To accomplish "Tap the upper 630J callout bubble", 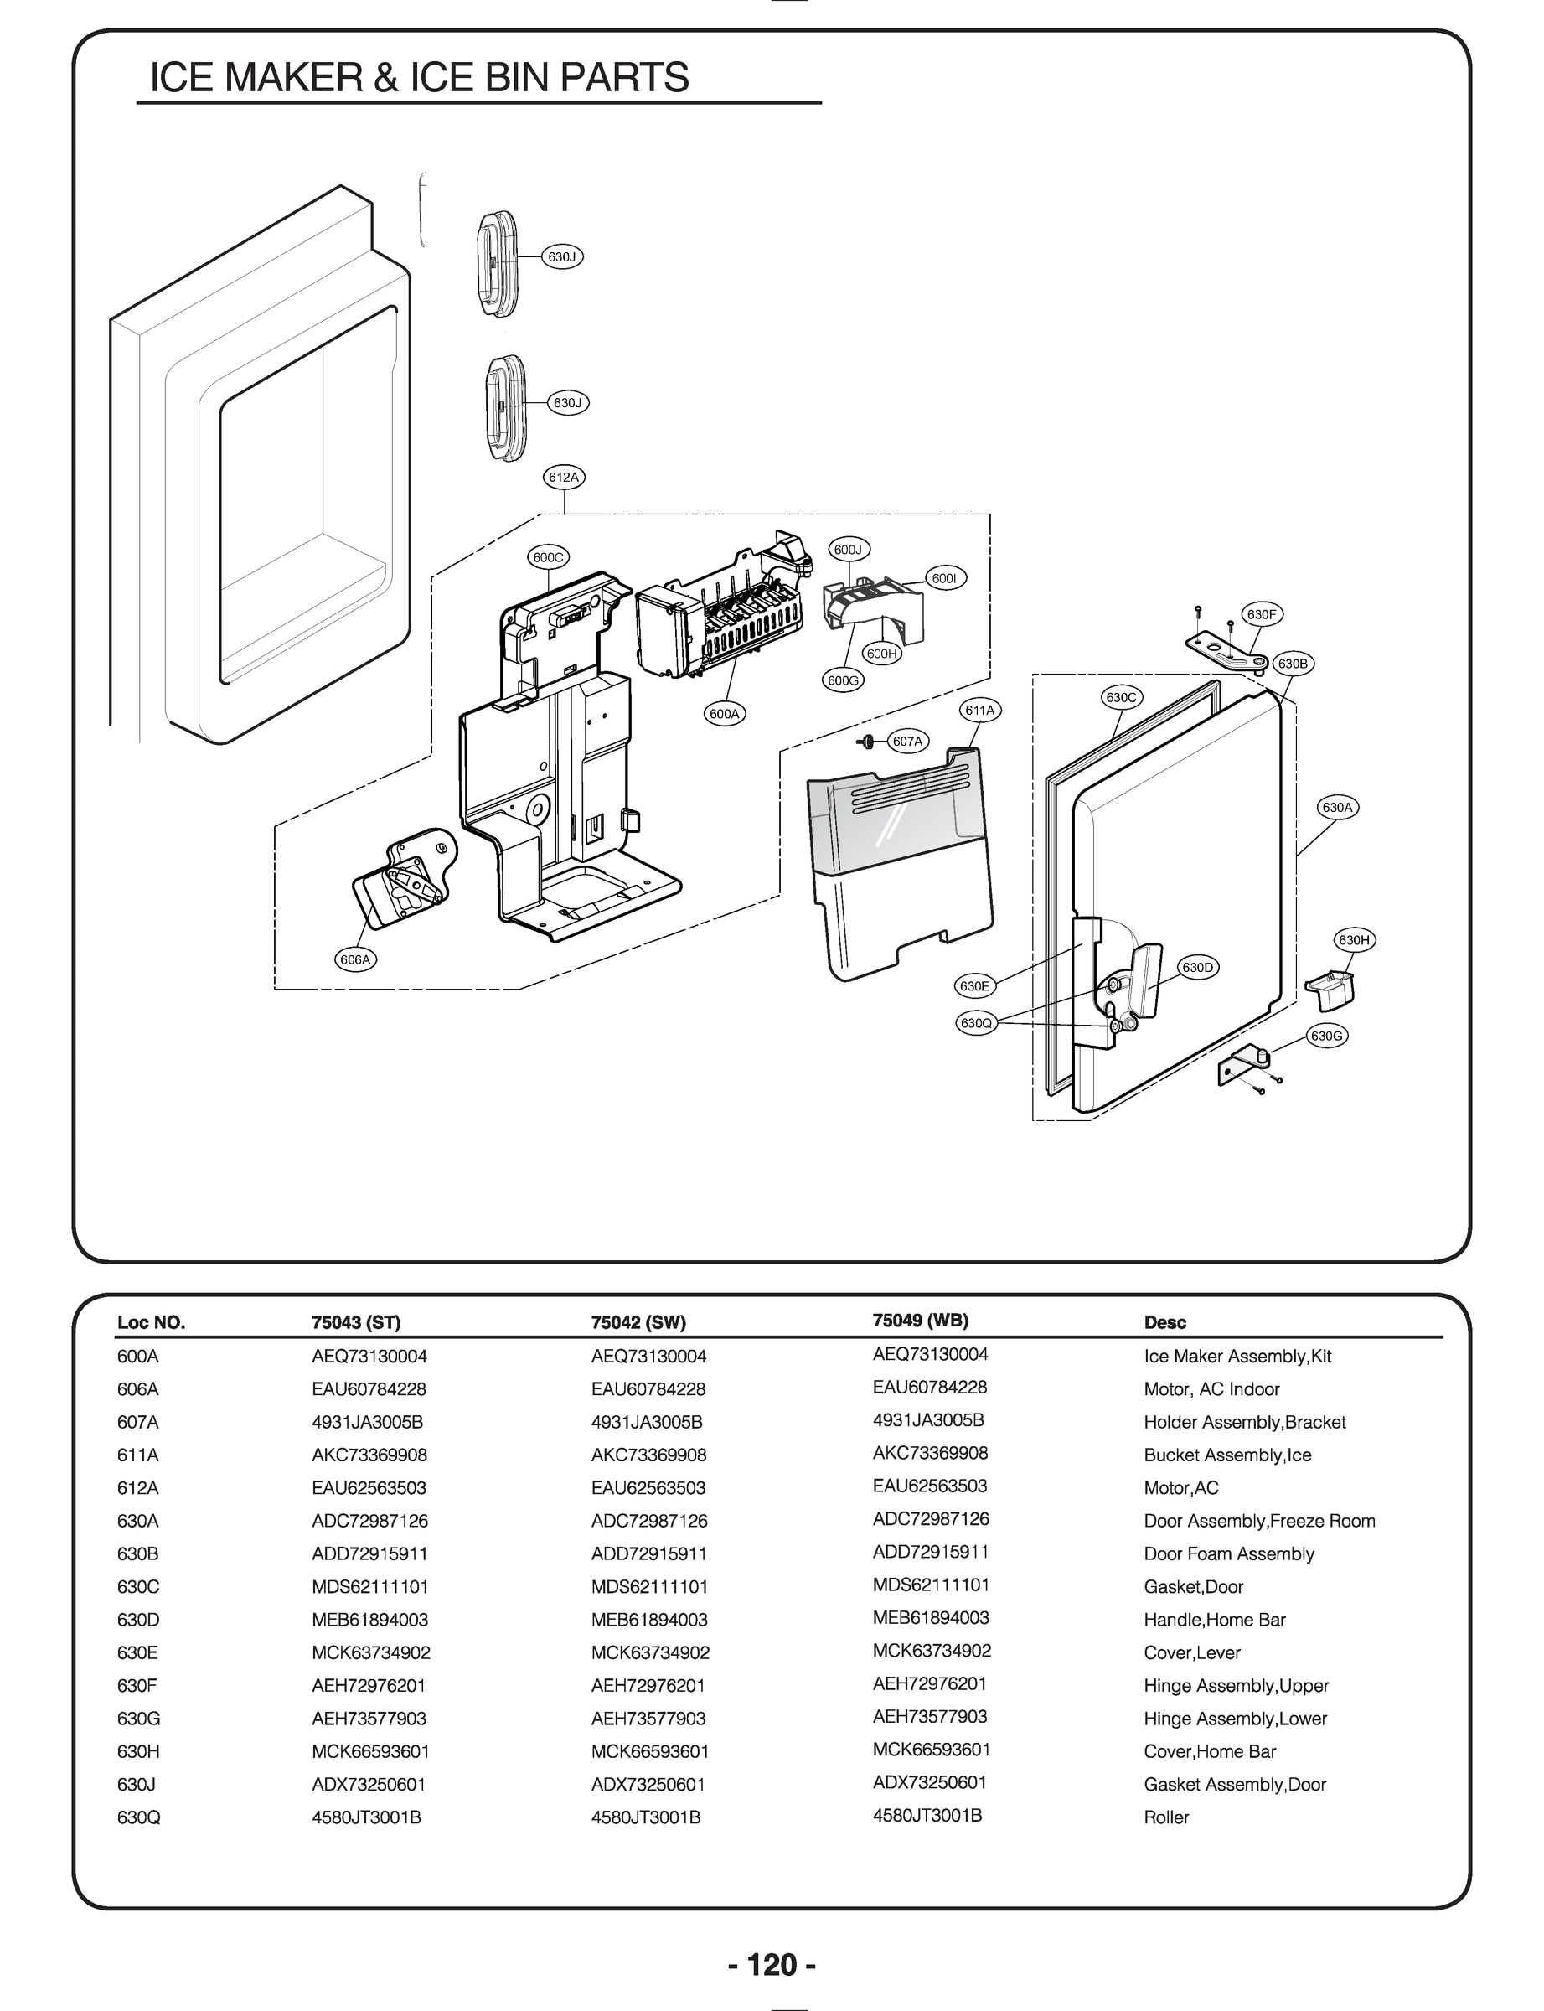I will click(561, 256).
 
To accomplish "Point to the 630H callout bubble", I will click(1354, 939).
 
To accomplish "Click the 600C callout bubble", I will click(548, 557).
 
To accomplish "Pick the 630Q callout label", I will click(976, 1023).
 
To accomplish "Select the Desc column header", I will click(1164, 1322).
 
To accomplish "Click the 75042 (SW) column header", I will click(638, 1322).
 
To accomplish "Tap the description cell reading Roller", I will click(1165, 1817).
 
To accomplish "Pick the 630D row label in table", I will click(138, 1620).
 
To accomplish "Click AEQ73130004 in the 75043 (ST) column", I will click(369, 1357).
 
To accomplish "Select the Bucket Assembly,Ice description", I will click(1227, 1455).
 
